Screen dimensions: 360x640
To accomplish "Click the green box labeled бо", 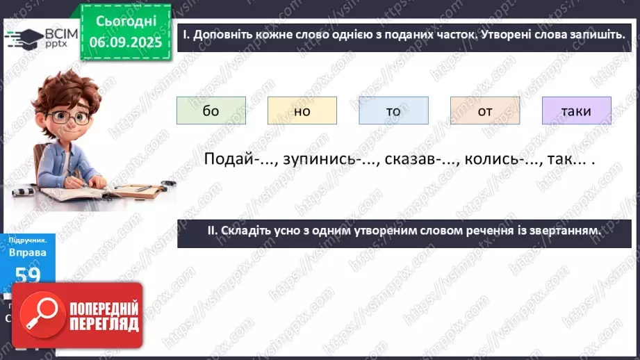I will (211, 111).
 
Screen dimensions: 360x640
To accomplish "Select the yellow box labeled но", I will (302, 111).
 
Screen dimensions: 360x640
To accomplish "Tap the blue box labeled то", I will (393, 111).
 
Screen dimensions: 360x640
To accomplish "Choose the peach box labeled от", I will (484, 111).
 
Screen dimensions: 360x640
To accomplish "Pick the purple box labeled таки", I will (576, 111).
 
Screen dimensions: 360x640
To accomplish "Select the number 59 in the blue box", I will (28, 275).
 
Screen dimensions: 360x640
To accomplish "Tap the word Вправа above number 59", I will (28, 252).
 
